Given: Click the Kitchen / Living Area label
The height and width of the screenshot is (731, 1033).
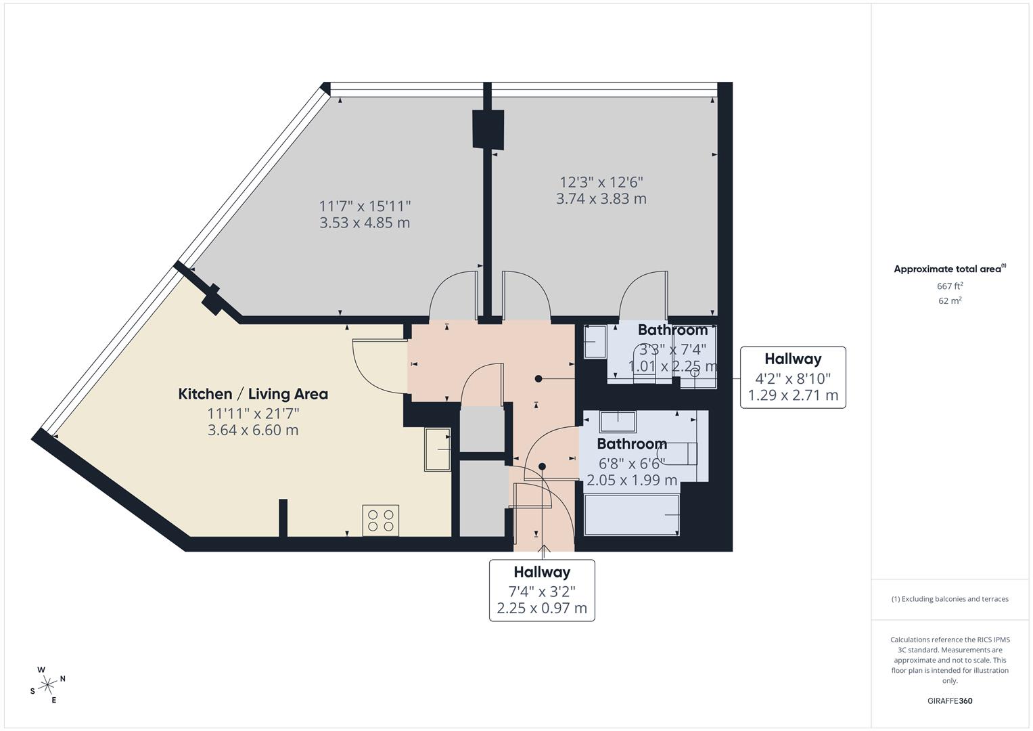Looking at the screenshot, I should pos(253,394).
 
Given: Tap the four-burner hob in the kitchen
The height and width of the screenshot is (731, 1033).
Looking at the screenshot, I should pos(380,520).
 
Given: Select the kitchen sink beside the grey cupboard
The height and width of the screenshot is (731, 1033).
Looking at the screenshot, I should pos(437,449).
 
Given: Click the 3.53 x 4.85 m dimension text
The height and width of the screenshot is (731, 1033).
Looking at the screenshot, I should pos(365,223).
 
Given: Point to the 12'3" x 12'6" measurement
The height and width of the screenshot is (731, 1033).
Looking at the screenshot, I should pos(601,182).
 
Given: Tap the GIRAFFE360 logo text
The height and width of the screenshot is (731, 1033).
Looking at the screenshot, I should pos(950,701).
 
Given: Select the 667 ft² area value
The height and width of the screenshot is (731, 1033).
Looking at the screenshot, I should pos(950,286).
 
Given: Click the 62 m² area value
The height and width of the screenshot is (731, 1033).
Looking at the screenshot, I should pos(950,301).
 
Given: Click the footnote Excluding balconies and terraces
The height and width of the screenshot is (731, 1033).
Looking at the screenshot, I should pos(950,599).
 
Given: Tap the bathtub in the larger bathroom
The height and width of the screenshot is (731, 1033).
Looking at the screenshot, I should pos(632,514).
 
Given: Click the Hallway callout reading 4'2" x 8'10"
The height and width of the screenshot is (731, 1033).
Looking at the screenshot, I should pos(792,378).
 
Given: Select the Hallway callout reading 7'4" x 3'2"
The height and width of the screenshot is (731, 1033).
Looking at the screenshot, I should pos(542,590).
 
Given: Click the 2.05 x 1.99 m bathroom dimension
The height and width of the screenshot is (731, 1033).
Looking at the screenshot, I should pos(632,481).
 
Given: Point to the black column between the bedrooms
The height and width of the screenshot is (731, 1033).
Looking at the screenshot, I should pos(488,129).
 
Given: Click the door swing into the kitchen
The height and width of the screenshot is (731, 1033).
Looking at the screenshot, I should pos(376,365).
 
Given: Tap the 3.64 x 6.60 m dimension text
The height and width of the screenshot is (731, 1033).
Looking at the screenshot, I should pos(253,430).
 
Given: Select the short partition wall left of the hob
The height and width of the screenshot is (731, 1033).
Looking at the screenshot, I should pos(283,518).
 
